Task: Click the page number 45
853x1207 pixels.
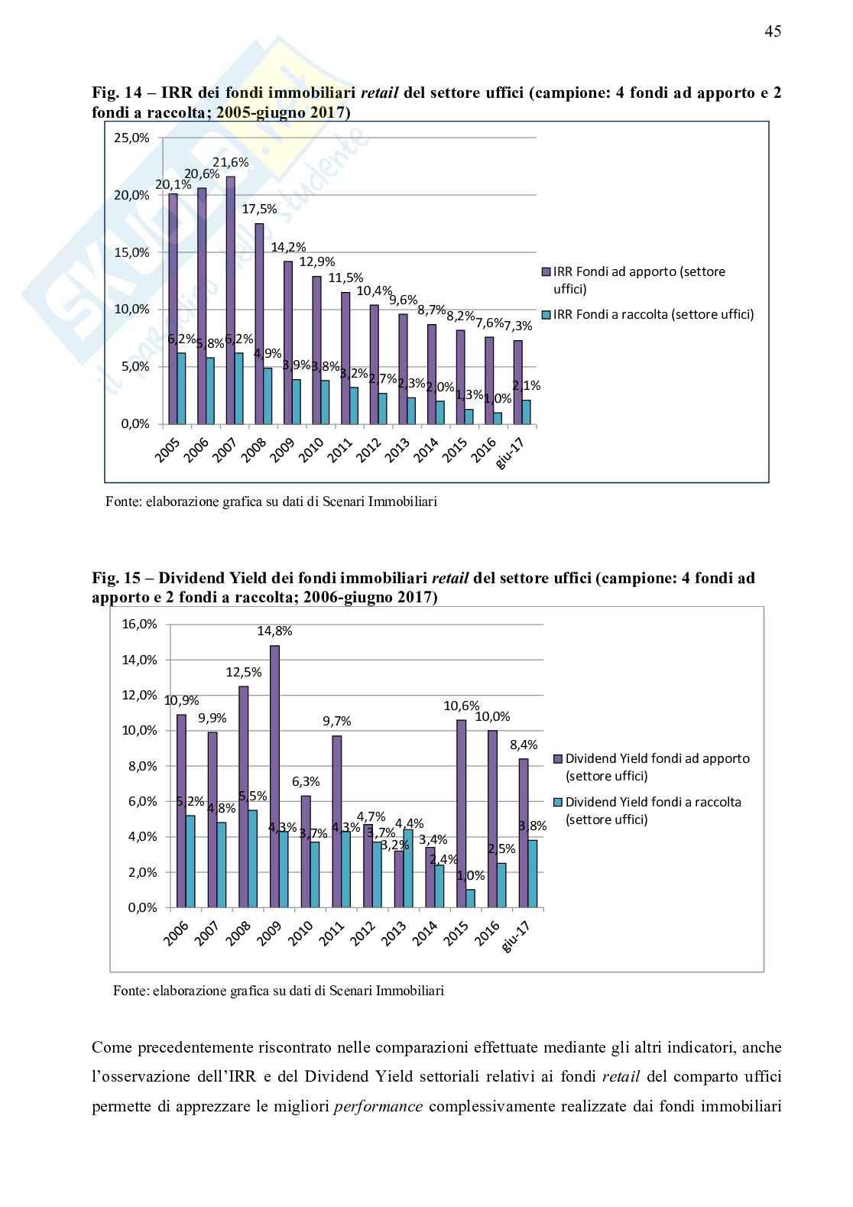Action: point(772,31)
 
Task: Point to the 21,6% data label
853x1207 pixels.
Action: point(231,162)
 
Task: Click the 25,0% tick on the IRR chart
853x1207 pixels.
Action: point(132,138)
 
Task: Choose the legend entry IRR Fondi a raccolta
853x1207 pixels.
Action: point(653,314)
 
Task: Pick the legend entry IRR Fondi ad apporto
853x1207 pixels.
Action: point(639,280)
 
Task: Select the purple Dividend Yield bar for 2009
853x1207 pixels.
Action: point(274,776)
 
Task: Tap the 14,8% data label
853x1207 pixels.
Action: point(274,631)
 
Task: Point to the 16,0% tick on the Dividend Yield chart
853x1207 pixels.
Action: point(139,624)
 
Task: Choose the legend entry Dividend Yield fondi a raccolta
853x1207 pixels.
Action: point(653,810)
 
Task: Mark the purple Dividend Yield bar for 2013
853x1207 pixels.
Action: point(399,878)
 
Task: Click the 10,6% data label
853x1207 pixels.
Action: point(462,706)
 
